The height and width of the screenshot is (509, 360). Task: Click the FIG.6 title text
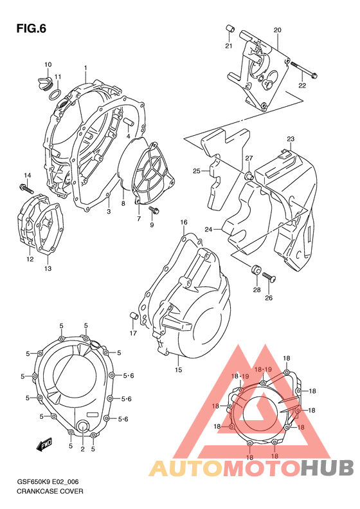30,28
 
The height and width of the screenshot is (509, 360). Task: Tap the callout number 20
278,30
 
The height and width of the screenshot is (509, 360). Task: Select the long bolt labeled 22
303,70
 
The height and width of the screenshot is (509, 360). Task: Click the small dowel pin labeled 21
228,30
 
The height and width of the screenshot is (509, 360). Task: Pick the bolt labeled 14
25,189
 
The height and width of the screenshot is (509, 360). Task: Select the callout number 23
291,139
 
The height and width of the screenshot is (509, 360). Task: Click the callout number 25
197,171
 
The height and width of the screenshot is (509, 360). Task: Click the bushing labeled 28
255,269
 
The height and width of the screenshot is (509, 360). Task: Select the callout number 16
184,222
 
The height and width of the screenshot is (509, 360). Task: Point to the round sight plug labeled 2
83,427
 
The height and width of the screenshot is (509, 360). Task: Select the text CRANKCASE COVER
46,491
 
